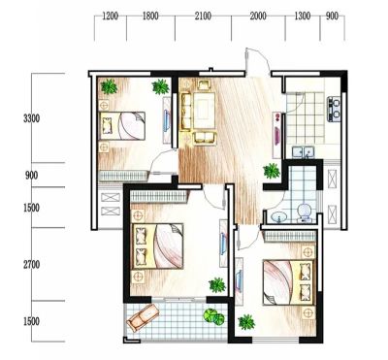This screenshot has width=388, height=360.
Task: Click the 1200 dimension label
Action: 110,16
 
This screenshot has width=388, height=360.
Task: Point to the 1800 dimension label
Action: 150,16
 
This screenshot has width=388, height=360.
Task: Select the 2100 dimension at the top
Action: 203,16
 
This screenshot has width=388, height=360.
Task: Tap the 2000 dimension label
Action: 258,16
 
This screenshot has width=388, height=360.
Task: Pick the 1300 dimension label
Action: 303,16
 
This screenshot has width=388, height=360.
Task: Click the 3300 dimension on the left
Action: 32,118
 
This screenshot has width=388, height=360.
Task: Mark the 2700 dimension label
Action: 32,265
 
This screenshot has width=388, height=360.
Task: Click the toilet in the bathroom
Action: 304,213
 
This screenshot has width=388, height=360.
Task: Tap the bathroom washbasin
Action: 279,216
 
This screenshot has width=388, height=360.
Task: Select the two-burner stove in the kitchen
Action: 334,109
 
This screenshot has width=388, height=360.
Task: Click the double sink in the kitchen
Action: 303,152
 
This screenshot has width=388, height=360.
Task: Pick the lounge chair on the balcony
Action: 143,317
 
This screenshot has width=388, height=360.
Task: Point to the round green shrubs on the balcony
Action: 214,316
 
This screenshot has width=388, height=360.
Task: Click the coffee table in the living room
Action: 205,110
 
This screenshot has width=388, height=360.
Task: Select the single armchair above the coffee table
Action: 204,84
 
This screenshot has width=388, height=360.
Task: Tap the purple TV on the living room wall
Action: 277,136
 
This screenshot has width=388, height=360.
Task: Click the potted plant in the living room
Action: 272,171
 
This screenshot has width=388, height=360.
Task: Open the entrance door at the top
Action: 257,61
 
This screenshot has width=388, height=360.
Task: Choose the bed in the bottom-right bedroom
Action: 289,282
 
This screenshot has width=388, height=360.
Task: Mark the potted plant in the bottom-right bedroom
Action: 246,322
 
